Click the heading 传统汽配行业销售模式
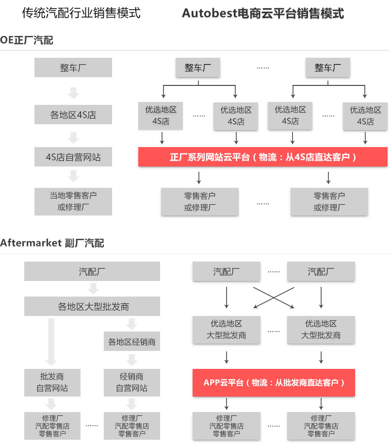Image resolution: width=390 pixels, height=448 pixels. (x=81, y=13)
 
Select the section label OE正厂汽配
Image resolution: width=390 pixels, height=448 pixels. (x=27, y=40)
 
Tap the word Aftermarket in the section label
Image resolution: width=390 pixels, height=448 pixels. (x=31, y=243)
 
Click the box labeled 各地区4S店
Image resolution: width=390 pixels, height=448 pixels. (x=73, y=115)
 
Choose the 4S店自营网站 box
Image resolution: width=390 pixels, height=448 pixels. (x=73, y=157)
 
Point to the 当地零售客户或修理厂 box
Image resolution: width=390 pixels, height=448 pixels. (x=73, y=201)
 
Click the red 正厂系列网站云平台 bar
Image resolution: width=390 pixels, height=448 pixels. (x=262, y=157)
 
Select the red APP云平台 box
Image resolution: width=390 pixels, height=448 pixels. (x=274, y=382)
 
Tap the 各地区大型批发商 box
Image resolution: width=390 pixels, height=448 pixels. (x=92, y=307)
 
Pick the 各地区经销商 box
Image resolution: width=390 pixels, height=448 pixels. (x=131, y=342)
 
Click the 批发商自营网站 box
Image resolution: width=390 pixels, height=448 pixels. (x=52, y=382)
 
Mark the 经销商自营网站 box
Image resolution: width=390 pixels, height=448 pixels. (x=131, y=382)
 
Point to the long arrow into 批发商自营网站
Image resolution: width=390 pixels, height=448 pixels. (x=52, y=342)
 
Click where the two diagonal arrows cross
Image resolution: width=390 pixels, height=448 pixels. (x=274, y=297)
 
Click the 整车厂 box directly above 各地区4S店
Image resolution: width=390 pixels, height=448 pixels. (x=73, y=67)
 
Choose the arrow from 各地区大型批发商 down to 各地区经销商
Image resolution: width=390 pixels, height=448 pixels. (x=131, y=324)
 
